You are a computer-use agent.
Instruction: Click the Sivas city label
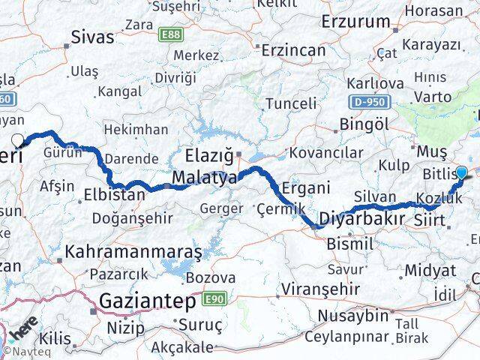93,37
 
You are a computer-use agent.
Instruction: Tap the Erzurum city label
355,21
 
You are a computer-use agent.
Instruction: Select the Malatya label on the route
204,178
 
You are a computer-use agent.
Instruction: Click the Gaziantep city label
144,301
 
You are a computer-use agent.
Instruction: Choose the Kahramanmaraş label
133,252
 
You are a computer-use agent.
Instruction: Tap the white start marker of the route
17,139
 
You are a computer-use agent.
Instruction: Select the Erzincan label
293,50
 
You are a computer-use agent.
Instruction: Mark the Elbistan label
114,195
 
